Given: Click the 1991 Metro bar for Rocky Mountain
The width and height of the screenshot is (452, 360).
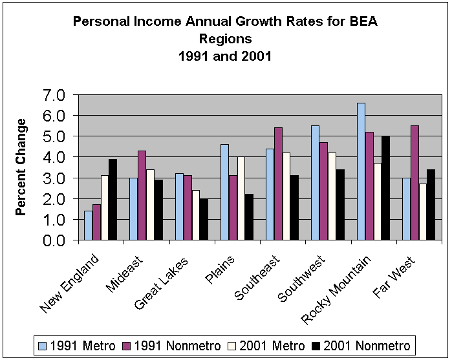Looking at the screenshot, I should click(x=361, y=171).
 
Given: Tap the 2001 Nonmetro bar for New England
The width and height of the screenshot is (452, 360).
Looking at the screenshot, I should click(x=113, y=200).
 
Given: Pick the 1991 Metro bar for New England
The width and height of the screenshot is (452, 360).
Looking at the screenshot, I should click(x=88, y=226).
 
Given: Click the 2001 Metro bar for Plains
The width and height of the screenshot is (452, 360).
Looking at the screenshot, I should click(x=241, y=198).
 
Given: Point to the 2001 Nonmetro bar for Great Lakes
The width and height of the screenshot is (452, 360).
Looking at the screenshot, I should click(x=204, y=219).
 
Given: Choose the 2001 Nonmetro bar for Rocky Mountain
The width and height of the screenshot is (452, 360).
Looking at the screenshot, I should click(x=385, y=188).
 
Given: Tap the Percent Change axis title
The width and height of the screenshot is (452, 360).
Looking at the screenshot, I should click(x=21, y=167).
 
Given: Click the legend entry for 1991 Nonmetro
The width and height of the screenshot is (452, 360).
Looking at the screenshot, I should click(x=171, y=344).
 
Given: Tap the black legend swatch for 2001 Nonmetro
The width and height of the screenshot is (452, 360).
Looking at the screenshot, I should click(x=315, y=344).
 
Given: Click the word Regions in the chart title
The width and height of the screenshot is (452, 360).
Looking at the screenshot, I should click(x=224, y=39).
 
